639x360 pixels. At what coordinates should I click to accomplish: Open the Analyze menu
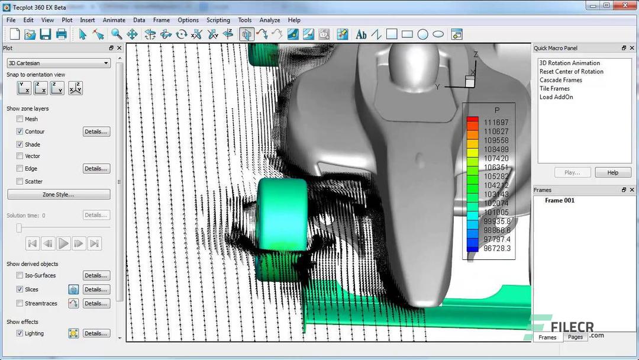pos(269,20)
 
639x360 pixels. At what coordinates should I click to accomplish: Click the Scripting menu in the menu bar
pos(218,20)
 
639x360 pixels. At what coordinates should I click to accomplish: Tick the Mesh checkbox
pos(20,119)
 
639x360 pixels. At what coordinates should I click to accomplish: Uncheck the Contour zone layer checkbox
pos(20,131)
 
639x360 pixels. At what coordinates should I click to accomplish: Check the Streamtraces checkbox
pos(20,303)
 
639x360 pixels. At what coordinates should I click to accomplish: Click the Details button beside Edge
pos(96,169)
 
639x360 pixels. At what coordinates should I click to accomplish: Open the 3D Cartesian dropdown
pos(58,63)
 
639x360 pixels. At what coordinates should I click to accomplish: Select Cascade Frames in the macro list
pos(560,80)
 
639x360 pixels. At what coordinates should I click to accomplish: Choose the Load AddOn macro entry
pos(556,97)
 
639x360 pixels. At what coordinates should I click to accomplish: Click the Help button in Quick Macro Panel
pos(612,172)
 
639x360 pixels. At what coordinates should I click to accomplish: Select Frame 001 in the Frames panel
pos(559,201)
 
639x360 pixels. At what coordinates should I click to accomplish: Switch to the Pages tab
pos(575,337)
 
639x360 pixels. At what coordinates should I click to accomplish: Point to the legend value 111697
pos(496,123)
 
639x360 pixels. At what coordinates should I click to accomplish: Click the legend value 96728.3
pos(496,249)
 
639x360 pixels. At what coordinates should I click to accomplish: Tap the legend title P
pos(496,110)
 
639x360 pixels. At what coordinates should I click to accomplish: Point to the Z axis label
pos(476,54)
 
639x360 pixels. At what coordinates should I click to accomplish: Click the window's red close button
pos(624,5)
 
